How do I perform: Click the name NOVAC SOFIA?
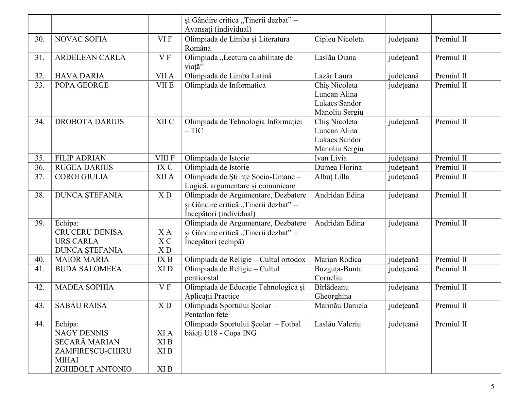(81, 39)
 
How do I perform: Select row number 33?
(40, 85)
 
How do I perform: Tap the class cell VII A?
(165, 76)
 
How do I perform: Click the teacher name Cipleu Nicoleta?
(339, 39)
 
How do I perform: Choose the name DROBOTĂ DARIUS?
(89, 122)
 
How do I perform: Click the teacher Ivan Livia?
(331, 158)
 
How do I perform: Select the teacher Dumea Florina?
(338, 167)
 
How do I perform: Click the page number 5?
(492, 387)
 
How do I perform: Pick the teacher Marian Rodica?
(338, 259)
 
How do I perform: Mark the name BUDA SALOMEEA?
(88, 269)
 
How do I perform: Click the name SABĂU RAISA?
(81, 306)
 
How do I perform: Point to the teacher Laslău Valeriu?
(337, 324)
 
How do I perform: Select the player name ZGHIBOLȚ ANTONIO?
(93, 369)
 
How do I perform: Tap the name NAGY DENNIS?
(81, 333)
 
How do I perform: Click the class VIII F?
(165, 158)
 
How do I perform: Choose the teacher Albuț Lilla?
(332, 177)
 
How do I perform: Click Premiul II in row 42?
(451, 287)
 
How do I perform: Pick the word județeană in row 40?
(403, 259)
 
